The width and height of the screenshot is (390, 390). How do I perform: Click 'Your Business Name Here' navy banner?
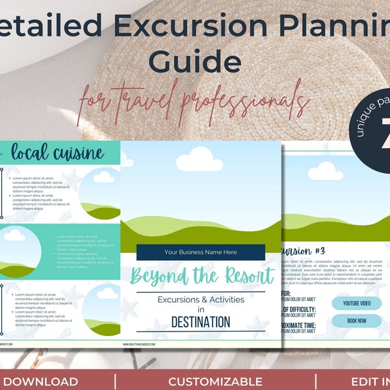(201, 252)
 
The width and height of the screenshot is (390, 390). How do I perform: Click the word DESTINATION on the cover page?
(200, 321)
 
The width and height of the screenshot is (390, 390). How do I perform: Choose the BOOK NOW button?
(356, 320)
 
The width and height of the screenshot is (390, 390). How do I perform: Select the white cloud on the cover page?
(199, 159)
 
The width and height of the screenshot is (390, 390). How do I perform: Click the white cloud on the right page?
(325, 171)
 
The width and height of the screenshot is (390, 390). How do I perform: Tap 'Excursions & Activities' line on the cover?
(200, 299)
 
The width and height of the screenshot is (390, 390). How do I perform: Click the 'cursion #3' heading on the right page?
(302, 252)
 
